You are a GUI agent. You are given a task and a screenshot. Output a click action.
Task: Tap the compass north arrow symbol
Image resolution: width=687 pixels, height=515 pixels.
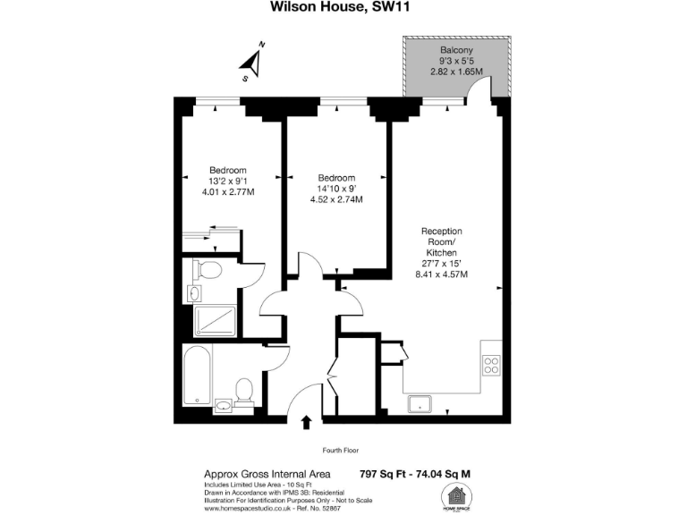(253, 61)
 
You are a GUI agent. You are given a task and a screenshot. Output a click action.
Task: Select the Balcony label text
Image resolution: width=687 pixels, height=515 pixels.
(456, 50)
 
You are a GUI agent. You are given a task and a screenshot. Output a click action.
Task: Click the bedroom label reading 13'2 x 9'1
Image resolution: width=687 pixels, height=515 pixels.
(227, 182)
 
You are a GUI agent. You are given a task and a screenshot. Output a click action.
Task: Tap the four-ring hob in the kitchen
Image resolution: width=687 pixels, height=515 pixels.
(491, 364)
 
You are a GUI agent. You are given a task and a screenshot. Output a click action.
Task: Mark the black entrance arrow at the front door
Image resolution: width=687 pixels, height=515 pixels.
(307, 423)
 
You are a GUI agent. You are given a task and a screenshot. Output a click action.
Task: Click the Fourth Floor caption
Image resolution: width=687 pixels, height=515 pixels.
(341, 450)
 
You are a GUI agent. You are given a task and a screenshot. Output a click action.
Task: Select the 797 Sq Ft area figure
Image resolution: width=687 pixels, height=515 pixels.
(381, 474)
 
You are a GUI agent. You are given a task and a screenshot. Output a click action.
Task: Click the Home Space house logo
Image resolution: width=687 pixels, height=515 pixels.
(456, 496)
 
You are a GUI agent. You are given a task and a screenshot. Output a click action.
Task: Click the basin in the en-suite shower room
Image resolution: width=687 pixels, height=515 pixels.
(196, 293)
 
